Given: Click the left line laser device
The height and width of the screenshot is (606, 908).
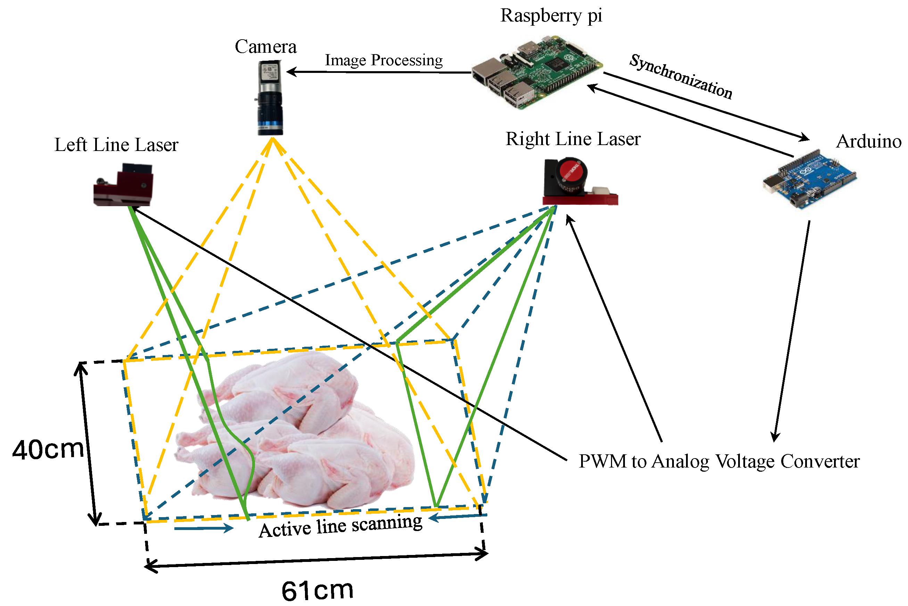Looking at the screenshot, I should click(x=124, y=185).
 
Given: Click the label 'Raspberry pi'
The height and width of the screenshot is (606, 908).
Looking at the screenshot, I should click(x=551, y=16).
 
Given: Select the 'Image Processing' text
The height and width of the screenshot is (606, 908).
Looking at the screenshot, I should click(x=383, y=60).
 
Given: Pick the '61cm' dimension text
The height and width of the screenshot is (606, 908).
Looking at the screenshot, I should click(x=317, y=590).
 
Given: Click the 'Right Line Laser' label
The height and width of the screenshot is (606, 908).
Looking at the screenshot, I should click(x=573, y=139).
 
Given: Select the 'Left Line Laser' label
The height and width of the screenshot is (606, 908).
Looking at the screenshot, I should click(x=116, y=145).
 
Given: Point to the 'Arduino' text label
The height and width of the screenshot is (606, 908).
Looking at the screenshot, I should click(x=868, y=142).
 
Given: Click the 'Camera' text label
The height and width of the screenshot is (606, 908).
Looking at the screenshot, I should click(x=266, y=47).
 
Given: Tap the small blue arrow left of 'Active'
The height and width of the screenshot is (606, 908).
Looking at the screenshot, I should click(x=204, y=528).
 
